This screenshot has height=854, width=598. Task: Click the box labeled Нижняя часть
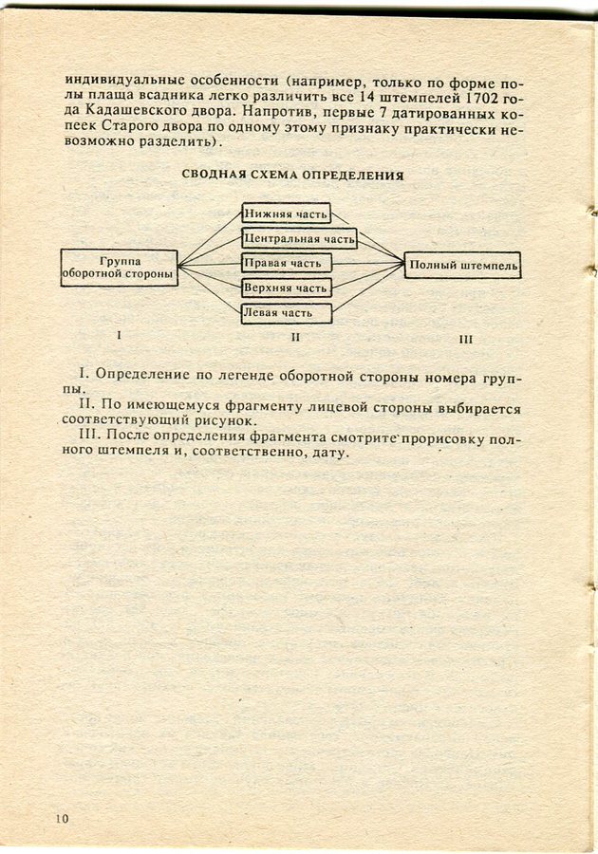tap(286, 213)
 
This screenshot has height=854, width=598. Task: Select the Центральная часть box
tap(299, 237)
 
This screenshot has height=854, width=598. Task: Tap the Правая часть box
tap(286, 262)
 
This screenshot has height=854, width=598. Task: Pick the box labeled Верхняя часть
tap(286, 288)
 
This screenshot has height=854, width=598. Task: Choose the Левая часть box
tap(286, 312)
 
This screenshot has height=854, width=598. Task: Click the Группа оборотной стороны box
tap(119, 268)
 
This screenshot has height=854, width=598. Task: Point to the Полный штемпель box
tap(463, 266)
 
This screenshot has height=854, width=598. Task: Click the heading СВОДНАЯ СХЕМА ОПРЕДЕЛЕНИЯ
tap(292, 176)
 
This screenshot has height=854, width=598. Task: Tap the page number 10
tap(63, 819)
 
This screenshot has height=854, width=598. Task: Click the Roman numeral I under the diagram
tap(118, 334)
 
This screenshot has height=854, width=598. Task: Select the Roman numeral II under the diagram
tap(295, 336)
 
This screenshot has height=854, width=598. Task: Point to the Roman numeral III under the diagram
tap(465, 338)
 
